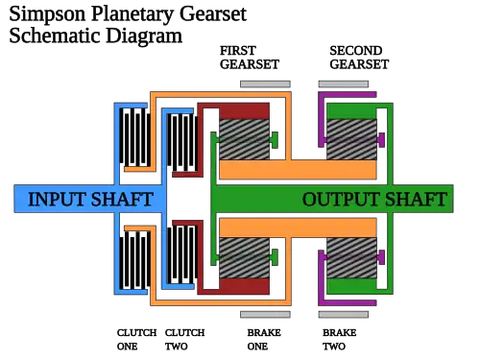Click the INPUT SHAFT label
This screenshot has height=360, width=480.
click(x=90, y=199)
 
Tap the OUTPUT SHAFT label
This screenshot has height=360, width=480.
click(x=374, y=199)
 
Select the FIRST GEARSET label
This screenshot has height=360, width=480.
click(x=250, y=58)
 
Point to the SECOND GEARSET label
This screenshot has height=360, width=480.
click(x=359, y=58)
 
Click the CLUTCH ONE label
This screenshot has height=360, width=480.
click(x=136, y=340)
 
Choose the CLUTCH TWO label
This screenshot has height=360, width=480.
click(x=184, y=340)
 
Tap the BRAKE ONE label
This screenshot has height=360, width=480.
click(x=264, y=340)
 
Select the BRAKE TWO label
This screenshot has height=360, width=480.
click(x=339, y=340)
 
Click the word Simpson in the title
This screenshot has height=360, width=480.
click(x=47, y=14)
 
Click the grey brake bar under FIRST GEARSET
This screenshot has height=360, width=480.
click(x=265, y=84)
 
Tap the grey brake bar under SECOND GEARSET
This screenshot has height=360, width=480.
click(x=344, y=84)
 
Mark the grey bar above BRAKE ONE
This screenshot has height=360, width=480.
click(x=265, y=315)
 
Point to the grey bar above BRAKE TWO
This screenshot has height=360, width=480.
click(x=344, y=315)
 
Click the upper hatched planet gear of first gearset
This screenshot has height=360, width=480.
click(x=245, y=139)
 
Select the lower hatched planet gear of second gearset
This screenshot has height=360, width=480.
click(x=351, y=258)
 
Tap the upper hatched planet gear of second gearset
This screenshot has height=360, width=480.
click(x=351, y=139)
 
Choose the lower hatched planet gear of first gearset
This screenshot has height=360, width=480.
click(x=245, y=258)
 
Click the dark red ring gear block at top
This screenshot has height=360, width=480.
click(x=245, y=111)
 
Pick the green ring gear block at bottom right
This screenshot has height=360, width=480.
click(x=351, y=286)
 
